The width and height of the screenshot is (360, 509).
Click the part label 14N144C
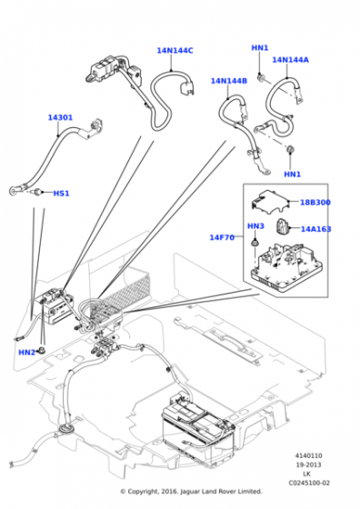[175, 51]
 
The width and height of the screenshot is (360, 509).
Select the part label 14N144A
[290, 60]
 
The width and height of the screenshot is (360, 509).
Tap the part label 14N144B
[229, 81]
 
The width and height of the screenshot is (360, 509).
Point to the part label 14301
[62, 117]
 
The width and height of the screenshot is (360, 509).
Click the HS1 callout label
[61, 194]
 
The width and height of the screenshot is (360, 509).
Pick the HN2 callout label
[26, 352]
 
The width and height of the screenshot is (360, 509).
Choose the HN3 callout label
[255, 225]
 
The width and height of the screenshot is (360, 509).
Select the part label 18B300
[315, 203]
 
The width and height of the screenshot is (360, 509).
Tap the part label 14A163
[315, 230]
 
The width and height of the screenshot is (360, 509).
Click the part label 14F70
[222, 237]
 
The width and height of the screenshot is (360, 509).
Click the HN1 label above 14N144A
[260, 48]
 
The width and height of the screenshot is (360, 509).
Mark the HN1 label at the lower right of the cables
[292, 174]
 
